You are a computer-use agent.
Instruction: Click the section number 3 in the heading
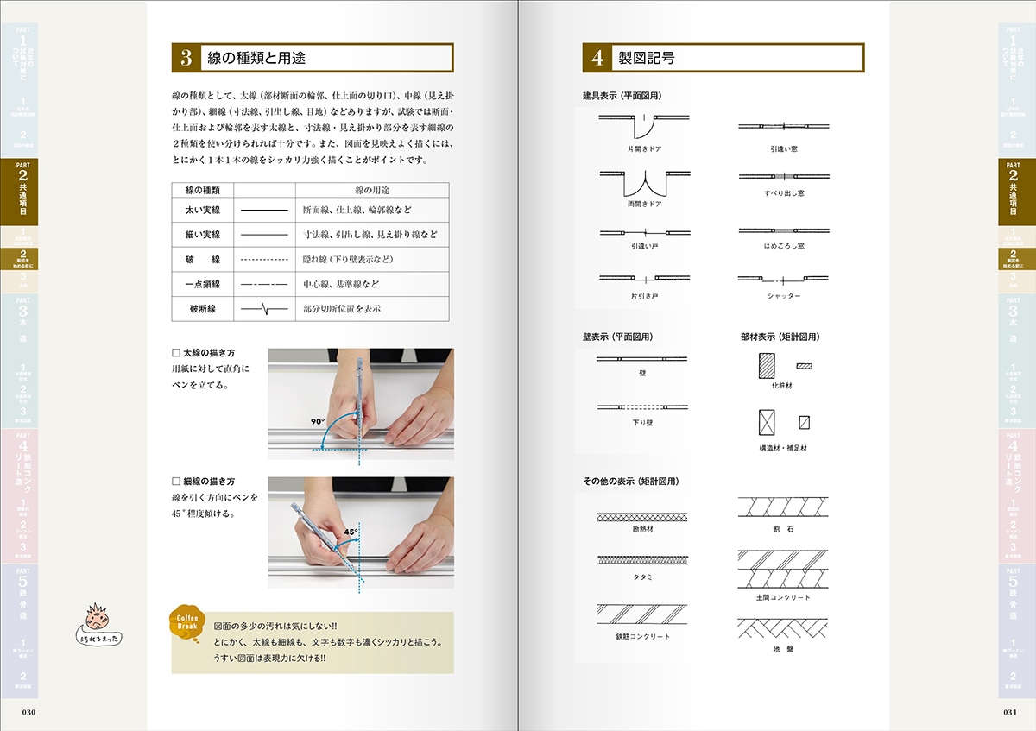pyautogui.click(x=186, y=58)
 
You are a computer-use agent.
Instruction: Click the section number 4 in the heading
pyautogui.click(x=597, y=58)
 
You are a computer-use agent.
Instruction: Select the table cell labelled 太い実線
pyautogui.click(x=203, y=210)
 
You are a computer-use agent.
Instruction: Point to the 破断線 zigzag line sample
pyautogui.click(x=263, y=308)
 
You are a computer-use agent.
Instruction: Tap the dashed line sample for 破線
pyautogui.click(x=263, y=259)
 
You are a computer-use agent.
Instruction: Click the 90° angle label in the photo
pyautogui.click(x=318, y=422)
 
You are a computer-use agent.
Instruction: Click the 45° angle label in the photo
pyautogui.click(x=351, y=532)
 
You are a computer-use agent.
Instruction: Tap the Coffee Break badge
pyautogui.click(x=189, y=623)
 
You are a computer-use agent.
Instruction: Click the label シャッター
pyautogui.click(x=784, y=296)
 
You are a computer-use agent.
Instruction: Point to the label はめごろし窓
pyautogui.click(x=784, y=246)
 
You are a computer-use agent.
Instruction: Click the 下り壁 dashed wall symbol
pyautogui.click(x=643, y=406)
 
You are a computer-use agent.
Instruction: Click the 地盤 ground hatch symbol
pyautogui.click(x=783, y=627)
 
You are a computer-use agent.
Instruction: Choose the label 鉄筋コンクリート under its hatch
pyautogui.click(x=643, y=636)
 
